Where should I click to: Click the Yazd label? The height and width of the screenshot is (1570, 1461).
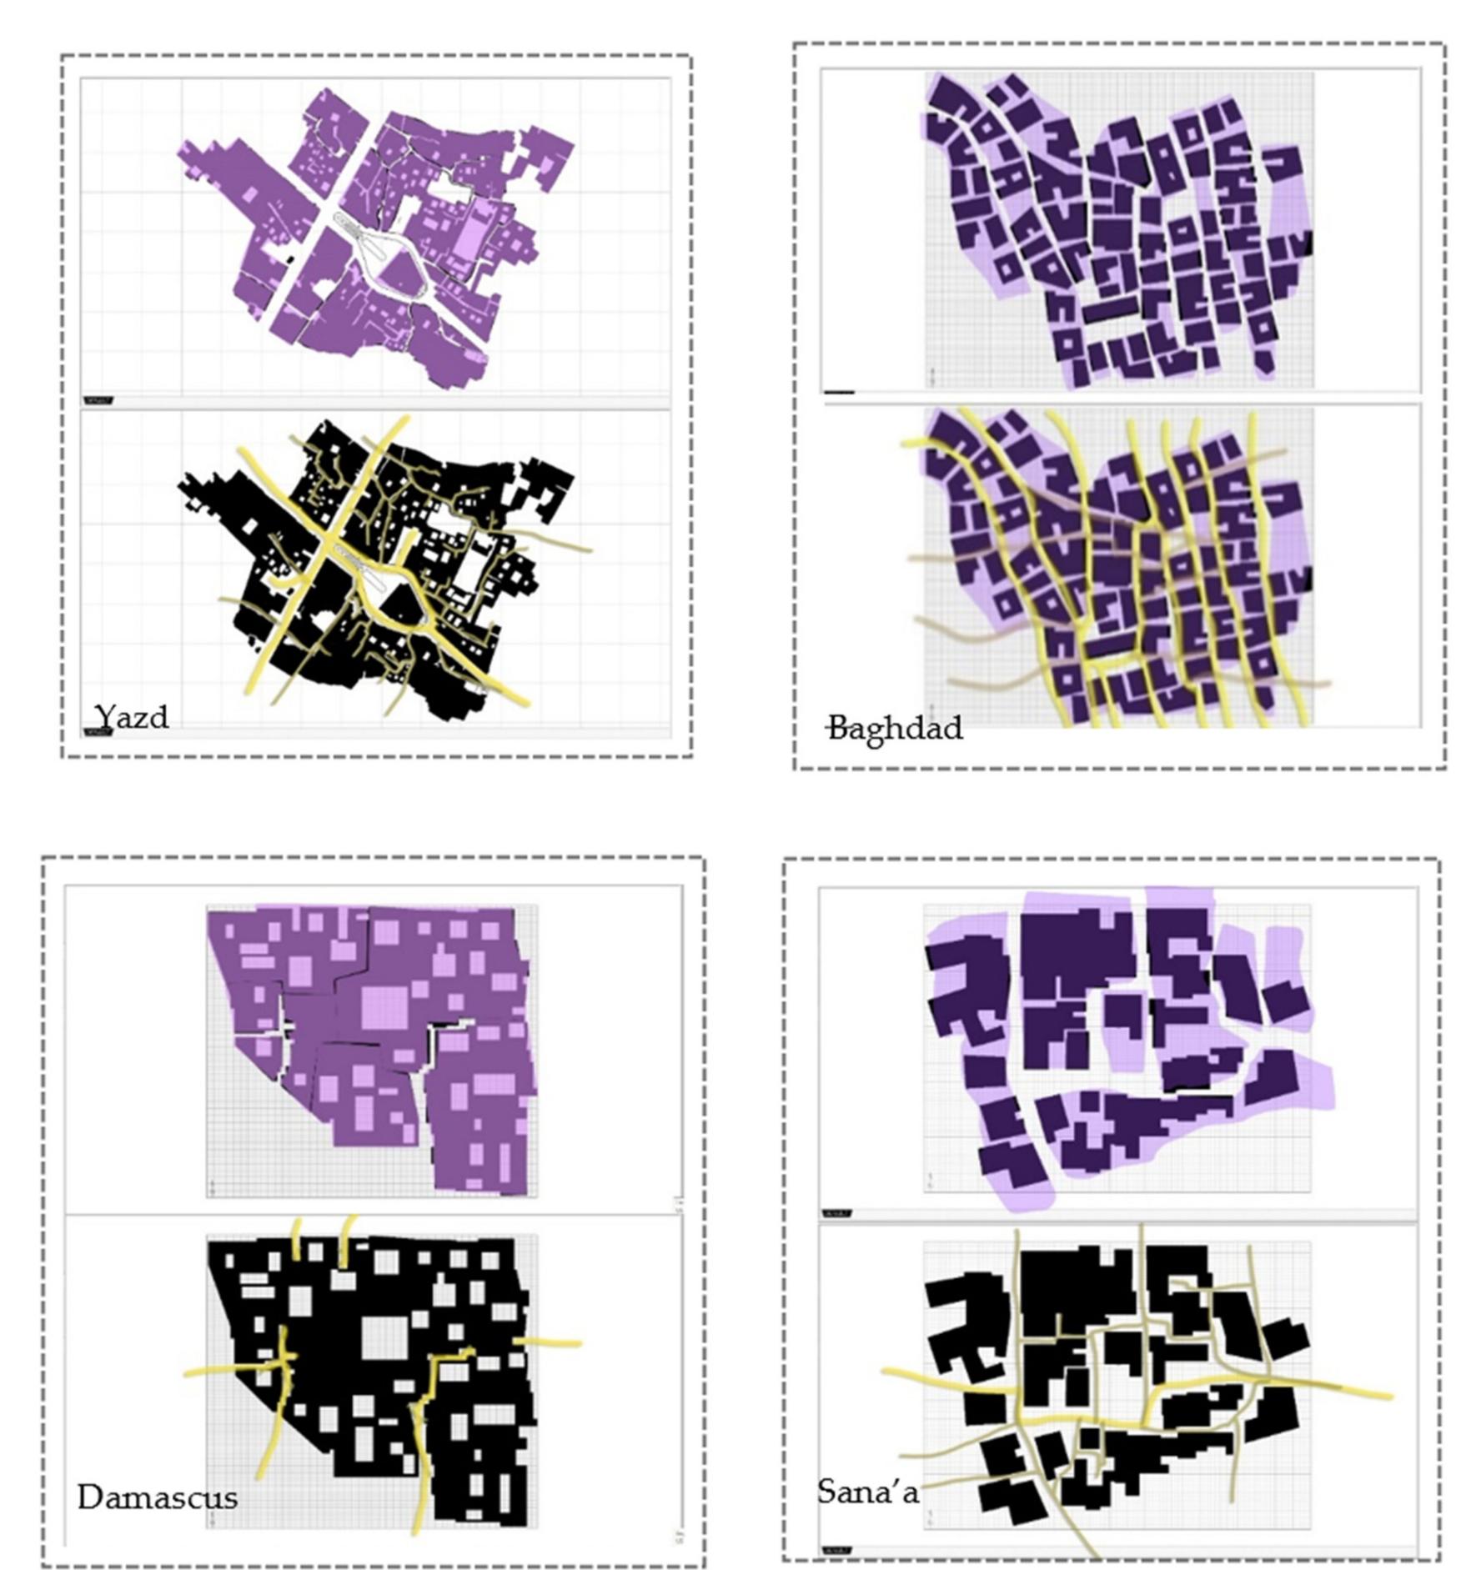[x=131, y=716]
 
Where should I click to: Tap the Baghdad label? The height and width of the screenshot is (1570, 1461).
[x=895, y=728]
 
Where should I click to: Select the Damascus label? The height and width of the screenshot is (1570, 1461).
[x=157, y=1497]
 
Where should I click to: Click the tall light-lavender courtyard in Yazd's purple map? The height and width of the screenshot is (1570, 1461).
[x=473, y=232]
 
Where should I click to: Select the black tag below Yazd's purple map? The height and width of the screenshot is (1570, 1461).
[x=98, y=401]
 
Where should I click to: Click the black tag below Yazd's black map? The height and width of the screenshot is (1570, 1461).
[x=98, y=732]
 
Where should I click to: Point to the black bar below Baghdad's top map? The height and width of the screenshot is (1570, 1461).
[x=839, y=392]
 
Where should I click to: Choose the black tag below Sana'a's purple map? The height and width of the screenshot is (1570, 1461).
[x=836, y=1213]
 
